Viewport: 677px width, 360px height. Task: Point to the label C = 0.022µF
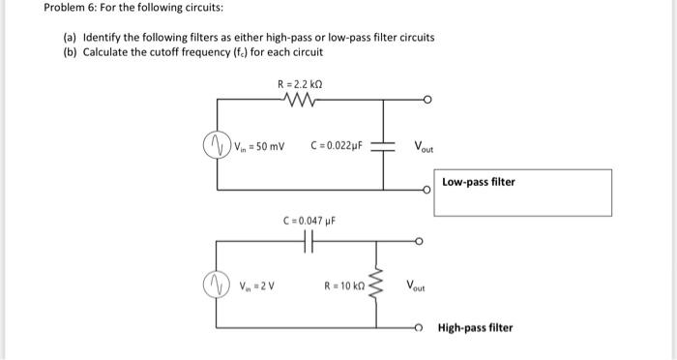coord(337,147)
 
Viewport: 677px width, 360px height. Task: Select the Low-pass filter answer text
coord(480,182)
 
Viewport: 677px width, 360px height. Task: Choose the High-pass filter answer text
coord(475,327)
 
